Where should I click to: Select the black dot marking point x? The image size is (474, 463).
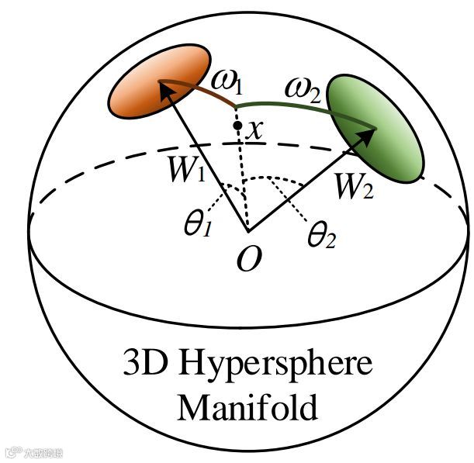(x=236, y=125)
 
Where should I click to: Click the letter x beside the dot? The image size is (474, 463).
(x=254, y=130)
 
